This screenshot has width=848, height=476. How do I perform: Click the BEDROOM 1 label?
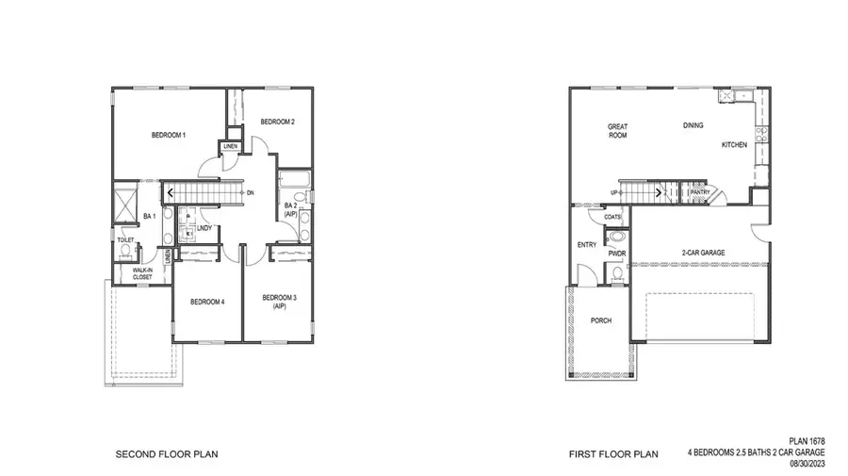tap(169, 136)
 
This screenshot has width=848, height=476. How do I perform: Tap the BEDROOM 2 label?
tap(278, 122)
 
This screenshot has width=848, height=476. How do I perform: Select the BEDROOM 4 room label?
tap(207, 302)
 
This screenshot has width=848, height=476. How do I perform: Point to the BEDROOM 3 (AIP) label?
tap(279, 302)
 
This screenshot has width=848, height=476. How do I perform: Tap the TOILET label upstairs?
tap(125, 240)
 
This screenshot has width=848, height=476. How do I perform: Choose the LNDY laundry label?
tap(203, 227)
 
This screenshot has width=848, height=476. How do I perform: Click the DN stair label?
tap(249, 193)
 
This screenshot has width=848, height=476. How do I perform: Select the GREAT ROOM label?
tap(617, 131)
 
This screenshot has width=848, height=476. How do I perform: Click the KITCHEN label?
tap(734, 145)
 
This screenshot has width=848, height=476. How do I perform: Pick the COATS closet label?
tap(612, 217)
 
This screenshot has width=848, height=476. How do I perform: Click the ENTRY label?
tap(586, 245)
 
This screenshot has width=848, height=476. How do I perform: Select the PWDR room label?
tap(617, 254)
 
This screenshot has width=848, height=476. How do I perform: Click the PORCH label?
tap(600, 320)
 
